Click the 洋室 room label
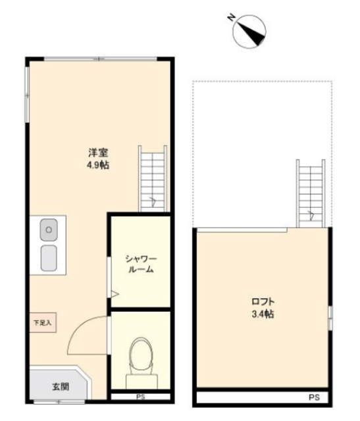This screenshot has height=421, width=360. pos(98,153)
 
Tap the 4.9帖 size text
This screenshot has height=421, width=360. pos(98,165)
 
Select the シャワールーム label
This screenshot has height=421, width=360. pos(141,264)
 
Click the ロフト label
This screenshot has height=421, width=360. pos(263,301)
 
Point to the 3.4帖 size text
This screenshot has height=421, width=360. pos(263,314)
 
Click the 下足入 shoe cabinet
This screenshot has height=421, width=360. pos(43,322)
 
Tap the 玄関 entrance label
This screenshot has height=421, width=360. pos(61,387)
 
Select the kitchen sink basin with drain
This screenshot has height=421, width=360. pos(49,230)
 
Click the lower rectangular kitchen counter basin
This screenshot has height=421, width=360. pos(49,258)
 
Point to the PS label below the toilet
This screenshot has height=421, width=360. pos(140,397)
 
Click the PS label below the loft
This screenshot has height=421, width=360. pos(314,397)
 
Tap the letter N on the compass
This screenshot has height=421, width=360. pos(231,18)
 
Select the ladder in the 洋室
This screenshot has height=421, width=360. pos(153,179)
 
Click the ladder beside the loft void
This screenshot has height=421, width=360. pos(311,193)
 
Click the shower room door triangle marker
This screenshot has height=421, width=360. pos(115,294)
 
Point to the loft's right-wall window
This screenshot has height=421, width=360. pos(330,318)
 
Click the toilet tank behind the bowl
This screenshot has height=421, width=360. pos(142,382)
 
